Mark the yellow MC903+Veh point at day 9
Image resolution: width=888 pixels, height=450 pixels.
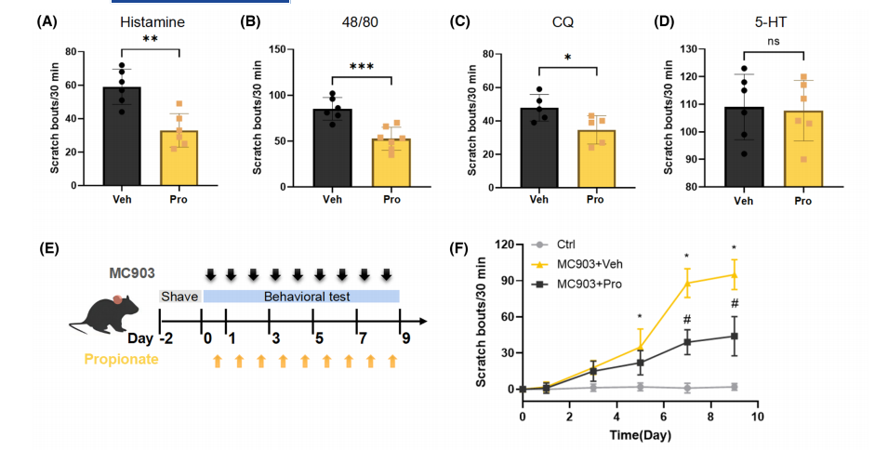coord(734,274)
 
